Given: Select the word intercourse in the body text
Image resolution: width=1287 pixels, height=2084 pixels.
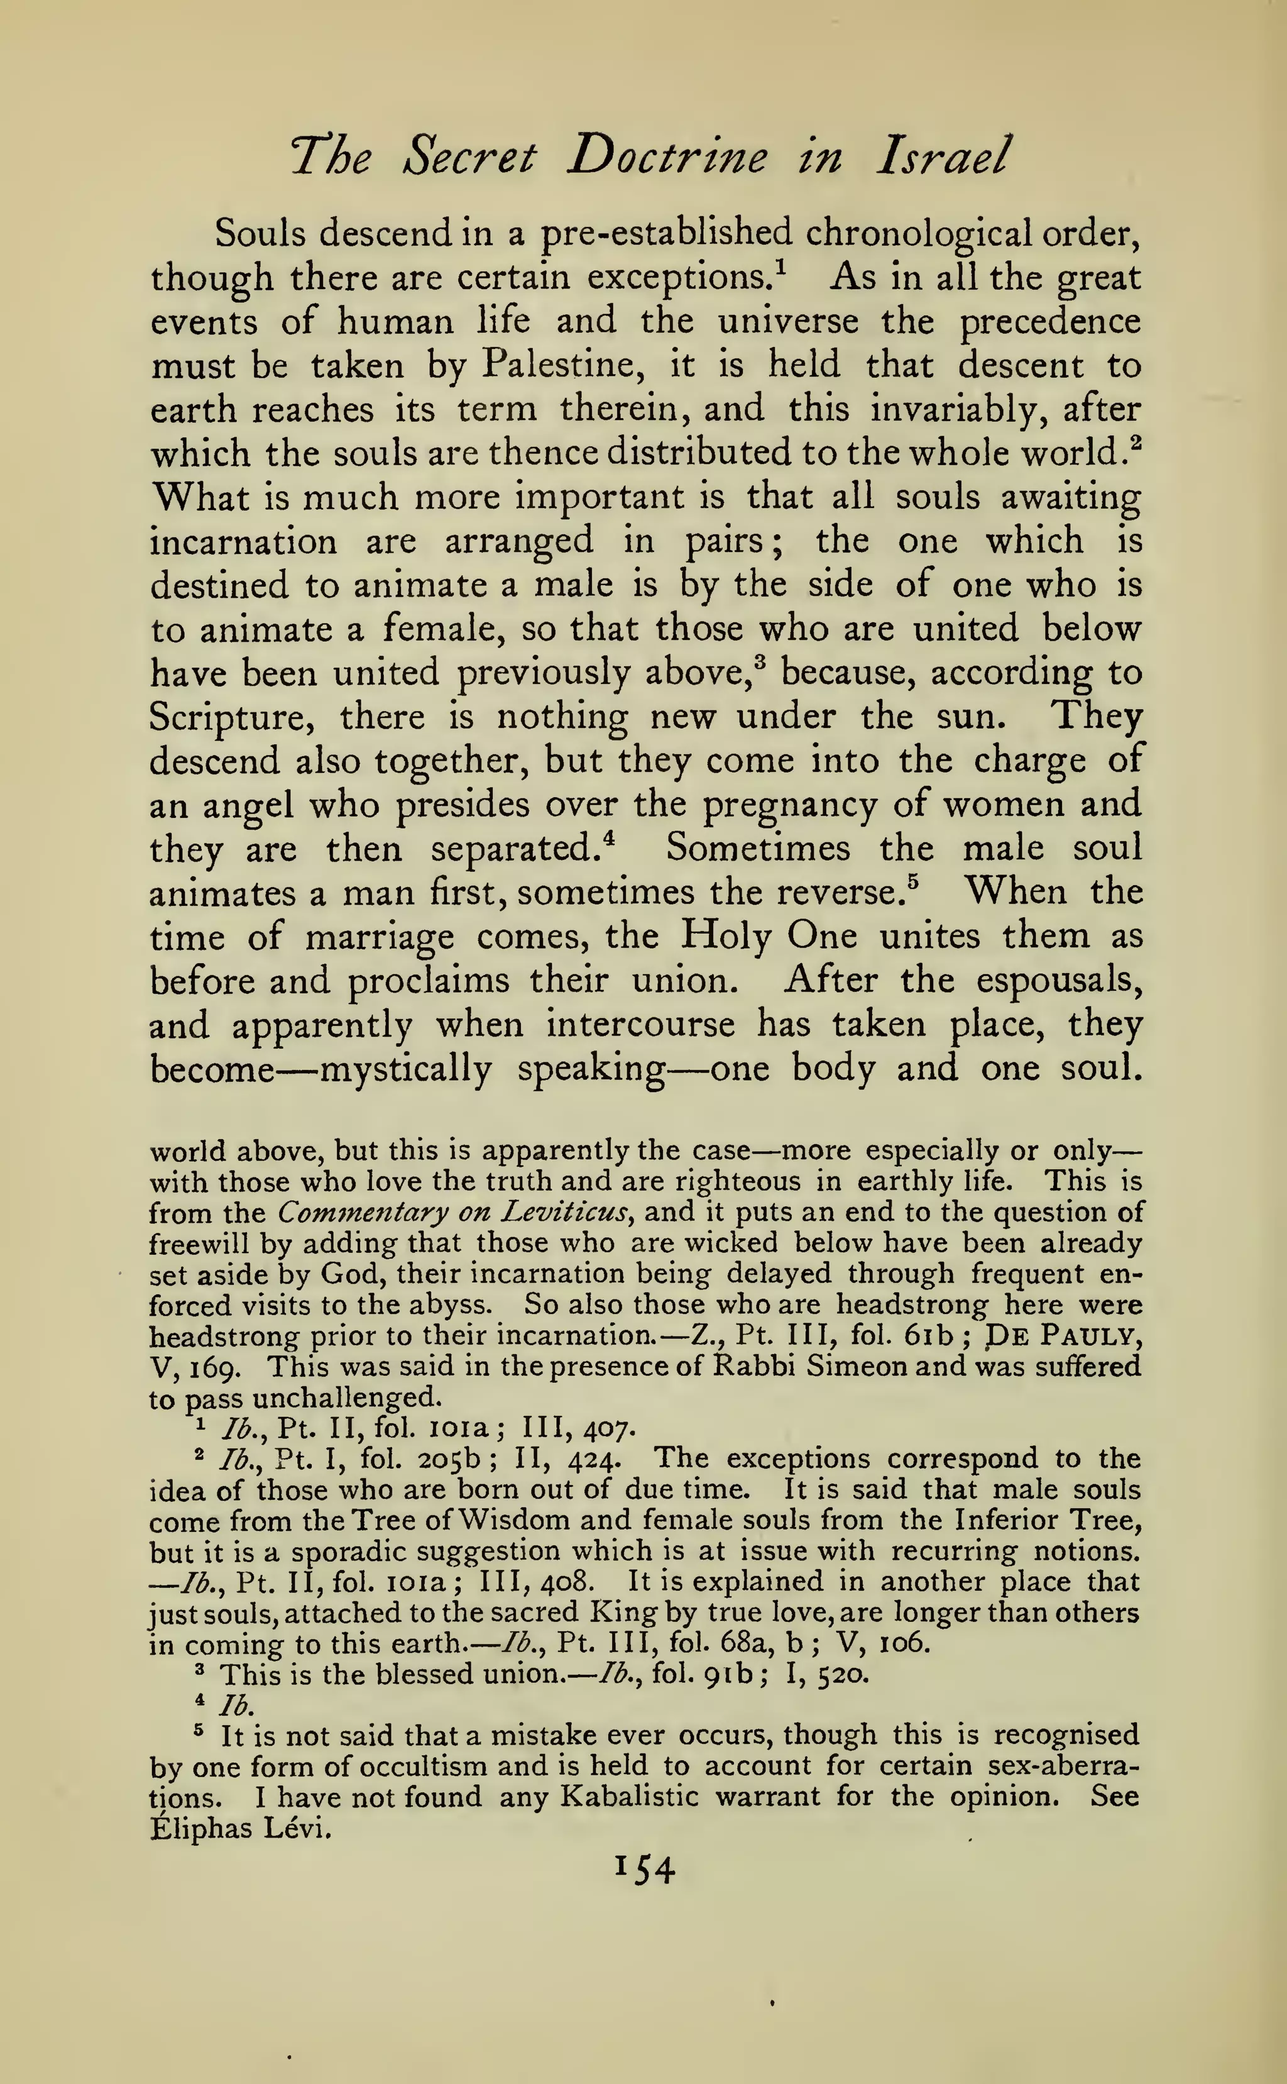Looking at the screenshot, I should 640,1024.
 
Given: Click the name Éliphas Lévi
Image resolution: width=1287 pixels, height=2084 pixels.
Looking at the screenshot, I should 239,1828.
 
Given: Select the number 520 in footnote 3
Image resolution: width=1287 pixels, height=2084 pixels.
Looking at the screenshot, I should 843,1675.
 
